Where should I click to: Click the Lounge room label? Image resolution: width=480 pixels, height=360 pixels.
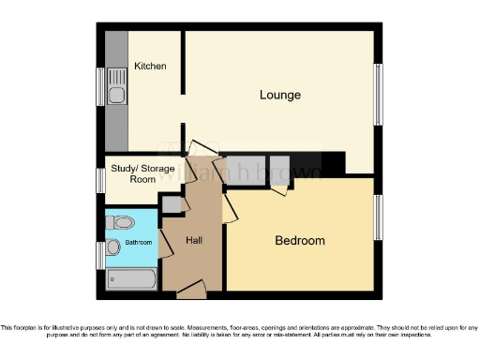[280, 95]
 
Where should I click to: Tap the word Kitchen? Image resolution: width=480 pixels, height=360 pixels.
[150, 67]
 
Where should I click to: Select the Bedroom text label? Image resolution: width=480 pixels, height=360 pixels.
[299, 241]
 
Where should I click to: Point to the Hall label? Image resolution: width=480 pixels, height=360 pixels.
[194, 241]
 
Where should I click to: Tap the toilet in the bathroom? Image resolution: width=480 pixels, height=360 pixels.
[119, 223]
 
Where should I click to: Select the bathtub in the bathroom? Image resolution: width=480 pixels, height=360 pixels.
[130, 278]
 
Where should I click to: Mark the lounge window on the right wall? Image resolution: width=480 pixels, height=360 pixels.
[379, 94]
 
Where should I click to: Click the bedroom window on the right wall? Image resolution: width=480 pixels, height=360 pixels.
[379, 217]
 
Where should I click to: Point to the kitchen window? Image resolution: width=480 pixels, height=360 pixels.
[100, 87]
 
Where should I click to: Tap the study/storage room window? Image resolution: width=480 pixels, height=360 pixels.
[100, 179]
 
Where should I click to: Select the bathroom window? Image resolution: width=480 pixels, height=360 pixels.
[100, 254]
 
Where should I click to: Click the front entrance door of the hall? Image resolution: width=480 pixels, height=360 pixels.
[192, 290]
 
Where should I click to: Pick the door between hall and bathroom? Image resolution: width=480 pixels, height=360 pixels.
[164, 244]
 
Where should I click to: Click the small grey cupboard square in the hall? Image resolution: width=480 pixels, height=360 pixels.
[171, 204]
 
